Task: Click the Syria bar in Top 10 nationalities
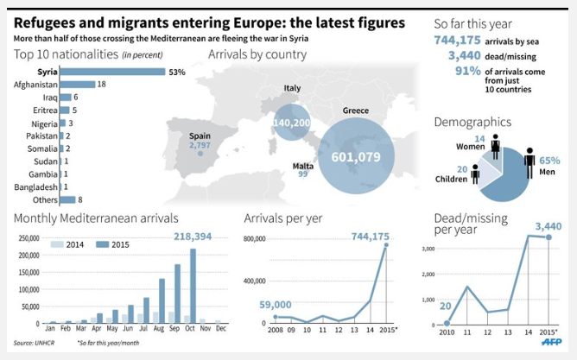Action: pyautogui.click(x=112, y=72)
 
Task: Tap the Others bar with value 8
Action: pyautogui.click(x=67, y=199)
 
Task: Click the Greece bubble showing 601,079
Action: pyautogui.click(x=355, y=156)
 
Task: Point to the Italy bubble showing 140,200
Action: pyautogui.click(x=292, y=123)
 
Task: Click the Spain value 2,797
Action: pyautogui.click(x=200, y=145)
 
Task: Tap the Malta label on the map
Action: pyautogui.click(x=303, y=165)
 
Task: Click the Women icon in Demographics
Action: pyautogui.click(x=495, y=147)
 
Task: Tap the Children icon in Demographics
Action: pyautogui.click(x=475, y=174)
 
